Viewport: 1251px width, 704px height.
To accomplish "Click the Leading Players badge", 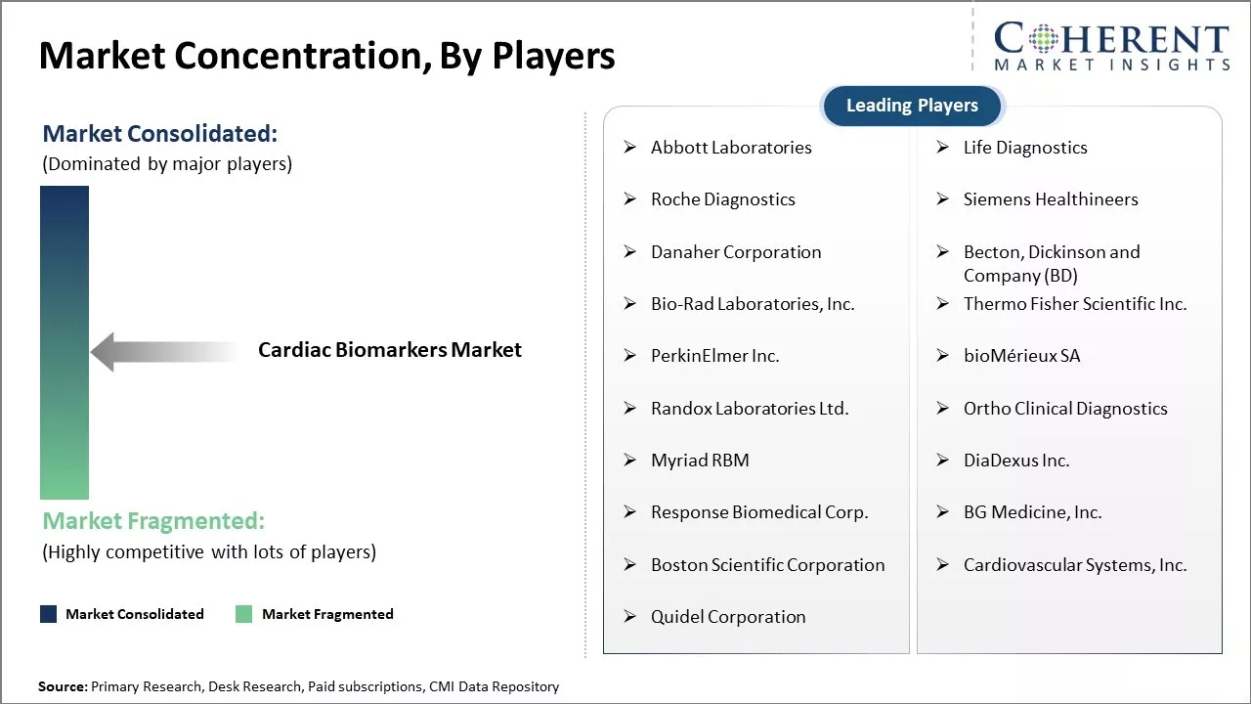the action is click(912, 106).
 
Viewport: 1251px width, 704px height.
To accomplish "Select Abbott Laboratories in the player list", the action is click(731, 148).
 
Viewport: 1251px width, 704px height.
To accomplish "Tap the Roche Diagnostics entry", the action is click(722, 199).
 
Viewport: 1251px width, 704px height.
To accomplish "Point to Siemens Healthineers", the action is click(1051, 199).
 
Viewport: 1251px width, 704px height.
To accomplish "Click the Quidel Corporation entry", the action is click(728, 617).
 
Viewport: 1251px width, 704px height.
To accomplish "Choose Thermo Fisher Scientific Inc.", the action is click(1075, 304).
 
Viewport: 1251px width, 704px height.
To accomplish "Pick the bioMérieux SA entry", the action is click(1021, 356).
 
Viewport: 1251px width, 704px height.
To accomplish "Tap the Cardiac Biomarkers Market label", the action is click(390, 350).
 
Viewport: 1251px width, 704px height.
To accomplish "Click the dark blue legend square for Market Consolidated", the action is click(49, 614).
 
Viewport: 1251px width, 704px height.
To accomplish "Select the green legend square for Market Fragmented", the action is click(243, 614).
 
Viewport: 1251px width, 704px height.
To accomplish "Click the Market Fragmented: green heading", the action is click(153, 521).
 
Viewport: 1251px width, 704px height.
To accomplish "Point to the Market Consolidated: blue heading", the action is click(159, 134).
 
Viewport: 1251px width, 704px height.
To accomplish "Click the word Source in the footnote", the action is click(61, 686).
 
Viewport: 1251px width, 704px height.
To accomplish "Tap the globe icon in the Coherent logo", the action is click(1043, 39).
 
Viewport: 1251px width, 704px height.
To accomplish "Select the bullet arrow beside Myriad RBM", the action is click(630, 460).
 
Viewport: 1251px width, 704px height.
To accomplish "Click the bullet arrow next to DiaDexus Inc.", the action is click(943, 460).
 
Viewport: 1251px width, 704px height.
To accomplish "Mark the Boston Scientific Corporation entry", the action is click(768, 565).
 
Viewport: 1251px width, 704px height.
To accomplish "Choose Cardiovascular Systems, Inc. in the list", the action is click(1075, 565).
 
